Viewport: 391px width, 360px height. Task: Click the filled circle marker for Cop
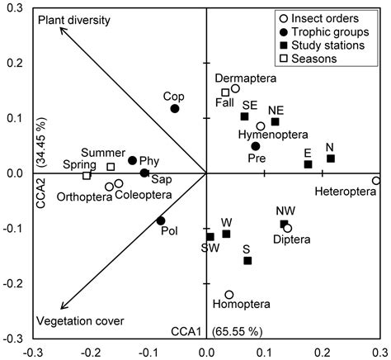175,108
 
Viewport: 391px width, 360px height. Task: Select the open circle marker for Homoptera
229,295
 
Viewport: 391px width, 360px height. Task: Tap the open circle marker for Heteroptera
376,181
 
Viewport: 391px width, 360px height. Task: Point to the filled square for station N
331,159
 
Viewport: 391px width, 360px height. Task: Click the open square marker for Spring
87,175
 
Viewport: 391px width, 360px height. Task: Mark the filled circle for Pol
161,220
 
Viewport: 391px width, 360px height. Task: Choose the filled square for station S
247,261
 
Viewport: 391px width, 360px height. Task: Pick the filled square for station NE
275,121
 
